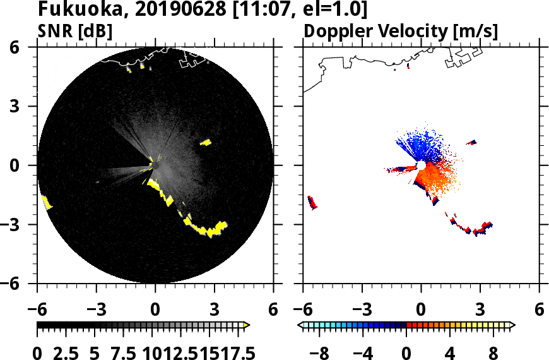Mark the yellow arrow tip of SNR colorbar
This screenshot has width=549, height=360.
[x=247, y=325]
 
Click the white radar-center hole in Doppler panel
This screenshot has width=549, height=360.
[x=420, y=165]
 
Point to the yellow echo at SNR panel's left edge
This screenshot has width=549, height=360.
[x=47, y=202]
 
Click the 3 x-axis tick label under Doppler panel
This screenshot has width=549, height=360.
[x=480, y=310]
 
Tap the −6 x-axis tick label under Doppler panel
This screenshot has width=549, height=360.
[x=304, y=310]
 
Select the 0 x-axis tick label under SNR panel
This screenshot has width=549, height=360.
[x=155, y=310]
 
